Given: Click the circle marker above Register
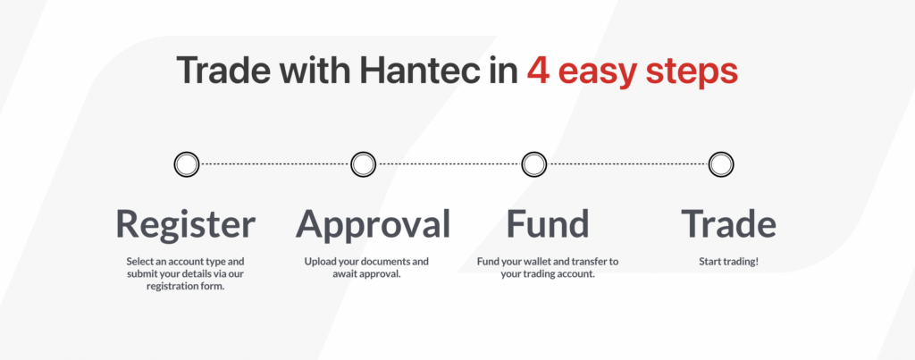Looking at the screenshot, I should tap(186, 164).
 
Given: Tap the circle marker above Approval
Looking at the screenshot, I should tap(363, 164).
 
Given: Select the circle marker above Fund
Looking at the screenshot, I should tap(533, 164).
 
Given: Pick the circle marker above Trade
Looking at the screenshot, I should tap(721, 164).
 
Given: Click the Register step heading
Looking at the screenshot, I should tap(186, 223).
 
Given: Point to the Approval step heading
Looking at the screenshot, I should tap(373, 223).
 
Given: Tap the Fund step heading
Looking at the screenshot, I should tap(548, 223).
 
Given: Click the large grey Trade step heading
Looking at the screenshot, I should tap(728, 223).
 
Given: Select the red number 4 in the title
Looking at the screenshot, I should tap(537, 70).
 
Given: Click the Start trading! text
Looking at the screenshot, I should tap(728, 262).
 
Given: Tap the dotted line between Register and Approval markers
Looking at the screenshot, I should tap(274, 164).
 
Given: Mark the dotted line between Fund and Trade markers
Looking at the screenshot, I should tap(627, 164).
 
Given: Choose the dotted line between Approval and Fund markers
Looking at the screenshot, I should tap(448, 164).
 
